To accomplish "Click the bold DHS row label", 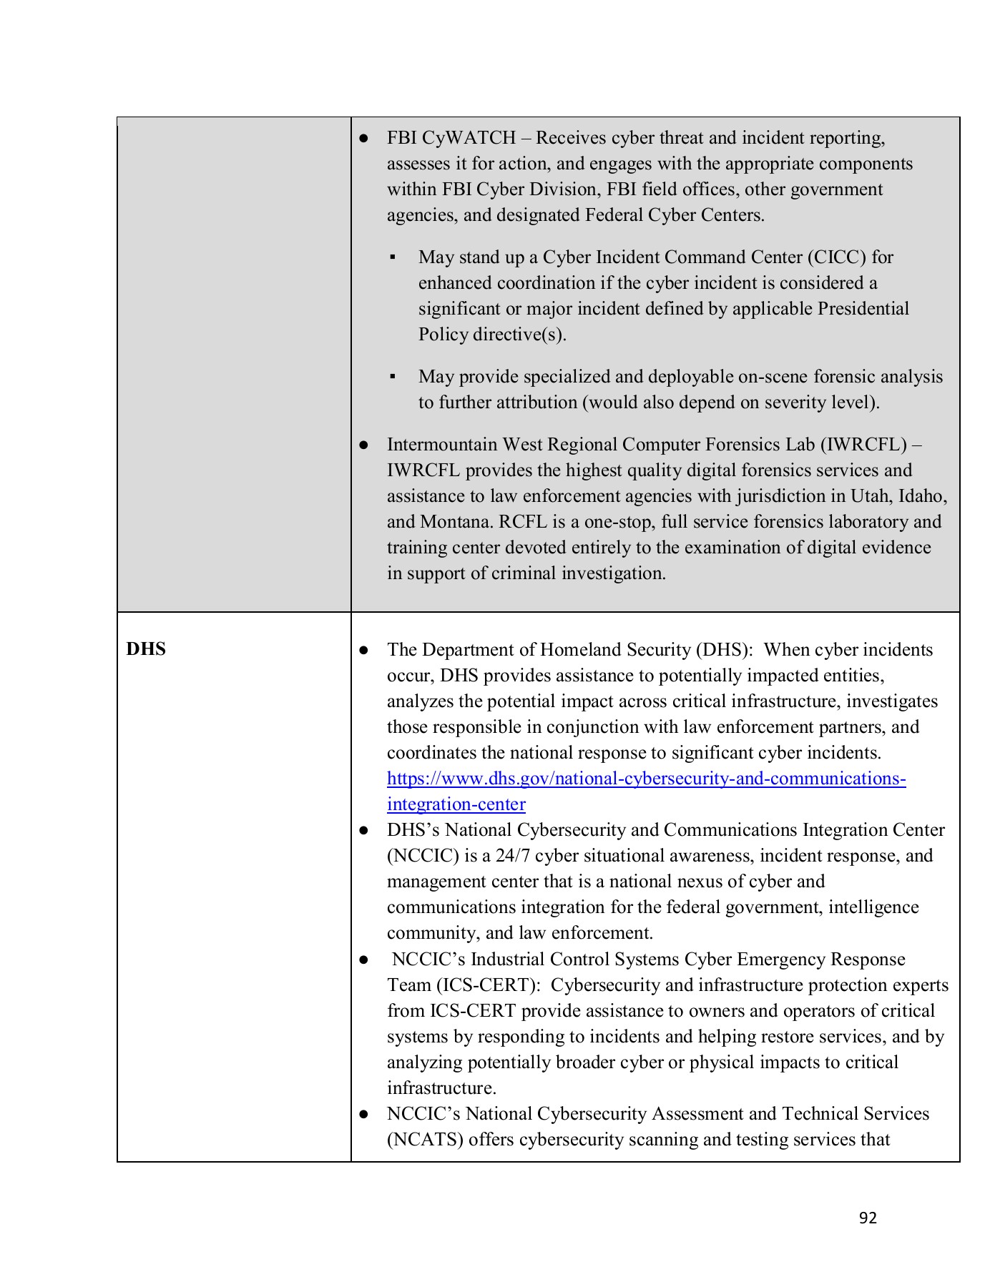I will (146, 649).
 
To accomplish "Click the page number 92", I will (868, 1218).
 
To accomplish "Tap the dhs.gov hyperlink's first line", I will (646, 779).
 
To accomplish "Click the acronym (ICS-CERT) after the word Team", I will (487, 985).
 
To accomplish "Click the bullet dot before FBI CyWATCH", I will (363, 138).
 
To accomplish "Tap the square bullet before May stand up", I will (393, 257).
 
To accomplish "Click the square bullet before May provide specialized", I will (393, 377).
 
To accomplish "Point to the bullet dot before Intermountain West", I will (363, 445).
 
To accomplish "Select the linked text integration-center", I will (456, 804).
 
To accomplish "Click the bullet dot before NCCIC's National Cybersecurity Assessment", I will (363, 1114).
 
